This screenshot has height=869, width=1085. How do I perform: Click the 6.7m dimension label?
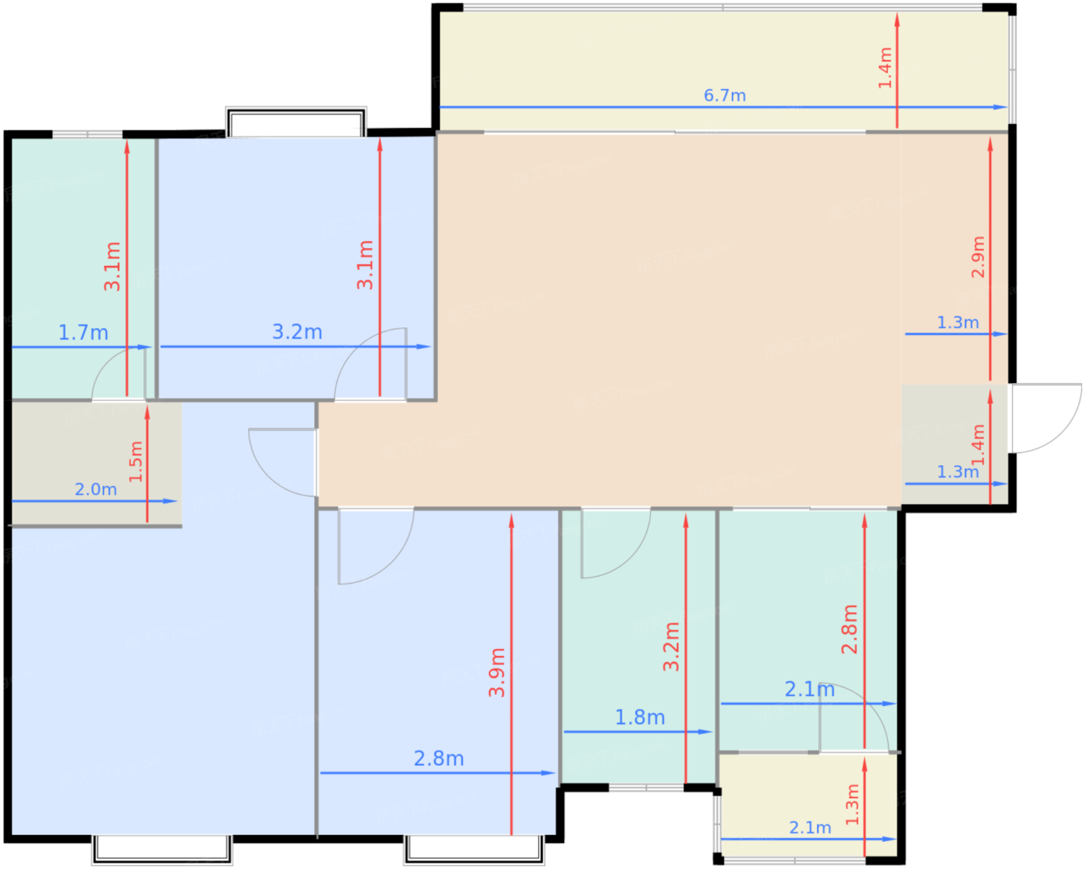[x=724, y=95]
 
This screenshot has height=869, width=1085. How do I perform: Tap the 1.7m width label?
[x=83, y=333]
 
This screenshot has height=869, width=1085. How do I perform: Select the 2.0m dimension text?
[x=96, y=489]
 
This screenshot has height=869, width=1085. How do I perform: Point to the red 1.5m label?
[x=136, y=461]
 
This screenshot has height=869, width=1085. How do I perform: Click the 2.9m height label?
[x=977, y=257]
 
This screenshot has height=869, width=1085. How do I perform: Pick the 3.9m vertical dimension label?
[x=497, y=673]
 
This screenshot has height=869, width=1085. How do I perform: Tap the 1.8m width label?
[x=639, y=717]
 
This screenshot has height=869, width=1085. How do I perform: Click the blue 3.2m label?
[x=297, y=331]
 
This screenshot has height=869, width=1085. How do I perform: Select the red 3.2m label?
[x=670, y=647]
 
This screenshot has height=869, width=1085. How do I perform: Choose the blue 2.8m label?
[x=439, y=759]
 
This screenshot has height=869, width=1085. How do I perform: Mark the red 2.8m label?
[x=849, y=629]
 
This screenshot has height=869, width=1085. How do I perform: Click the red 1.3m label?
[x=852, y=805]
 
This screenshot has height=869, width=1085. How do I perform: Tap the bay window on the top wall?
[x=296, y=122]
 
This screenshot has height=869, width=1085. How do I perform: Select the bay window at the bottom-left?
[x=162, y=850]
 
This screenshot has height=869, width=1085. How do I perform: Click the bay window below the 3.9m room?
[x=474, y=850]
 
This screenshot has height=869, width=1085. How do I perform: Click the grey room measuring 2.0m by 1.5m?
[x=96, y=464]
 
